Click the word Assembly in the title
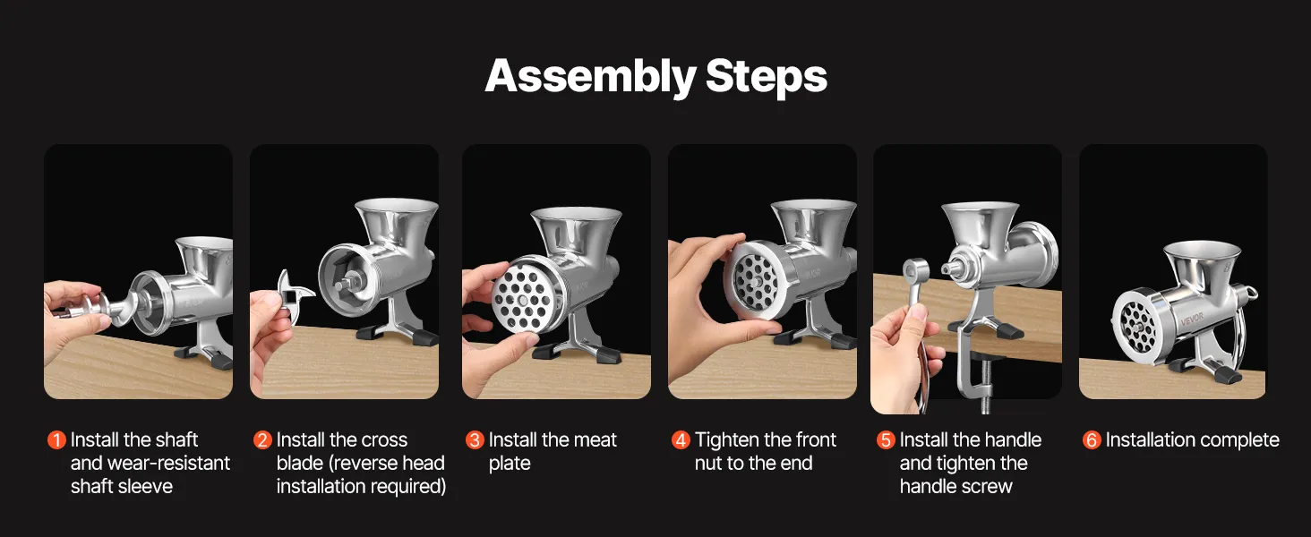point(590,77)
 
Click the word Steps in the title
point(767,77)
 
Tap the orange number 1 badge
point(56,440)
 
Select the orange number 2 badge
point(262,440)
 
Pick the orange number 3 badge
point(475,440)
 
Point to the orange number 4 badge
point(681,440)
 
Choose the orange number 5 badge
point(886,440)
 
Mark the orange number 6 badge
point(1092,440)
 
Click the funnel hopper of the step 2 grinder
point(397,223)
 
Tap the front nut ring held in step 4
point(756,281)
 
